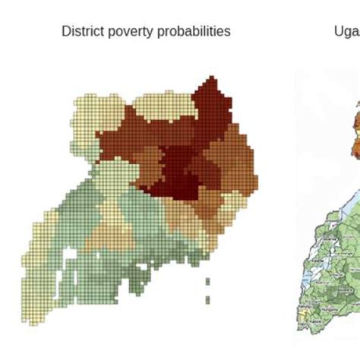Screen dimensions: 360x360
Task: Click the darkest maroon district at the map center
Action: (x=179, y=171)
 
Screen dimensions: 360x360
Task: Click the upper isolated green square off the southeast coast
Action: (x=208, y=281)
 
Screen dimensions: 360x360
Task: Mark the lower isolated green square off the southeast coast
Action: (x=208, y=297)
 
